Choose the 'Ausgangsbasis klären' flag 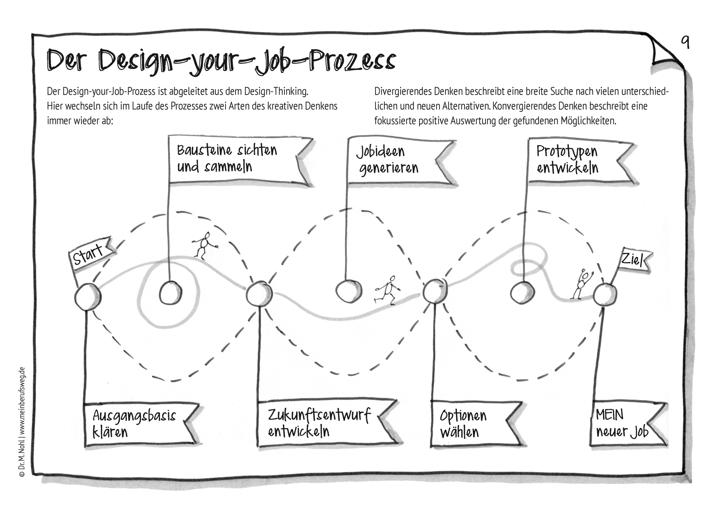point(142,424)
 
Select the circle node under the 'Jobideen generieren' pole point(349,291)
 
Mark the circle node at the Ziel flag point(605,295)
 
